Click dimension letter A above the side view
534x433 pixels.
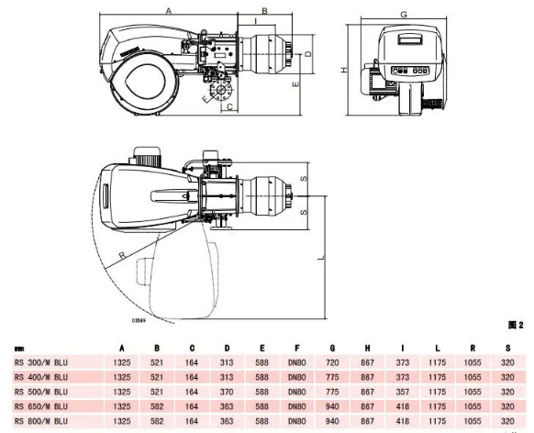point(169,11)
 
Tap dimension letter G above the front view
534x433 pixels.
point(404,15)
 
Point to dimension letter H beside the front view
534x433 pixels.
point(345,70)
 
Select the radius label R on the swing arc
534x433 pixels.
point(122,255)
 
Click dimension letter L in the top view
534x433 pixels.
point(321,259)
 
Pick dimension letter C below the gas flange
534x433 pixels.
point(229,107)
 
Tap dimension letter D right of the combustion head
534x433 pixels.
point(308,54)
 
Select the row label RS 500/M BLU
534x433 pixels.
point(41,392)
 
